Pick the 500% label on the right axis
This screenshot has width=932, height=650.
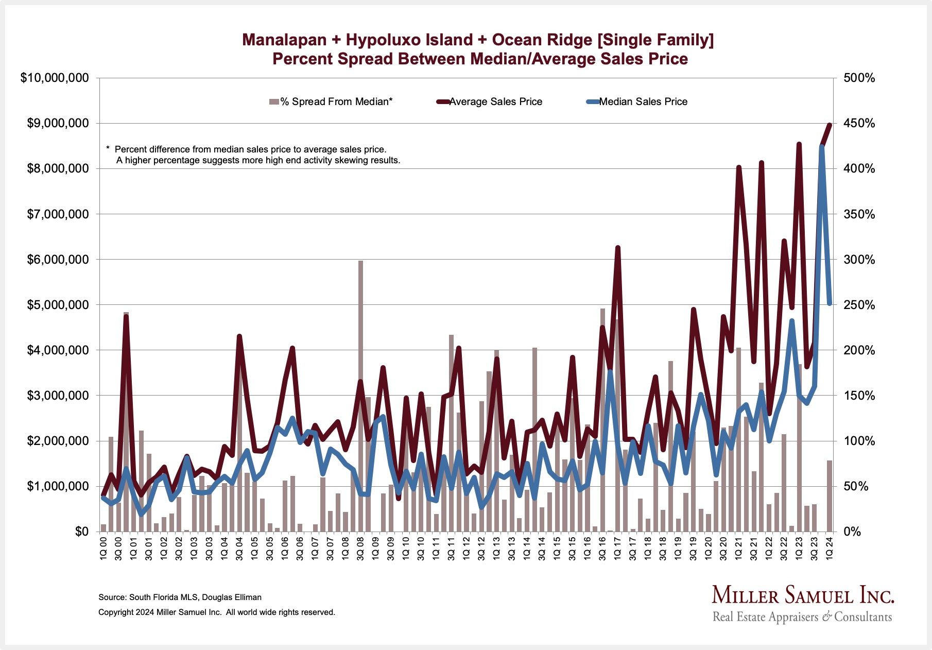[859, 78]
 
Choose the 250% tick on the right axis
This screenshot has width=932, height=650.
[859, 305]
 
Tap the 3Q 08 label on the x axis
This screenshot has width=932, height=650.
[360, 549]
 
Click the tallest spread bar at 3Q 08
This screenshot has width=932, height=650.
[360, 391]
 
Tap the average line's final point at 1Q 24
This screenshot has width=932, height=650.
[830, 125]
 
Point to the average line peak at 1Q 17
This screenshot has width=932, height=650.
[618, 248]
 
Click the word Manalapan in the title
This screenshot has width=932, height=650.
[284, 40]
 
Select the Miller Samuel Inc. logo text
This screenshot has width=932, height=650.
[803, 596]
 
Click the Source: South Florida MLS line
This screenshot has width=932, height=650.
[180, 597]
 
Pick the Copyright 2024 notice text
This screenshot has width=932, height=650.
[217, 612]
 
